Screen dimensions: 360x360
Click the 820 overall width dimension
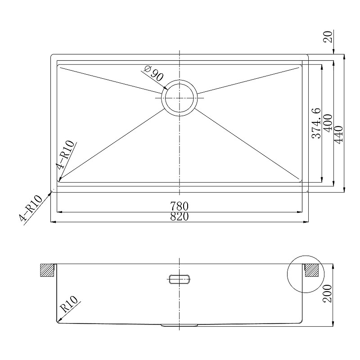(x=179, y=217)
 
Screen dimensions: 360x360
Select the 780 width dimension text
(x=179, y=206)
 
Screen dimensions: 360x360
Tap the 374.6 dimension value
(x=316, y=123)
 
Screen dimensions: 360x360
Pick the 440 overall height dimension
(x=339, y=135)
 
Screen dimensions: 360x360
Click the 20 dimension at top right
(x=328, y=37)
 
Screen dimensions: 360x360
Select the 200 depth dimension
(x=328, y=293)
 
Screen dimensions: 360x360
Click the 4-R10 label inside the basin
(x=65, y=154)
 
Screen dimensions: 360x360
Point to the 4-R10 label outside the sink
(x=31, y=208)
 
